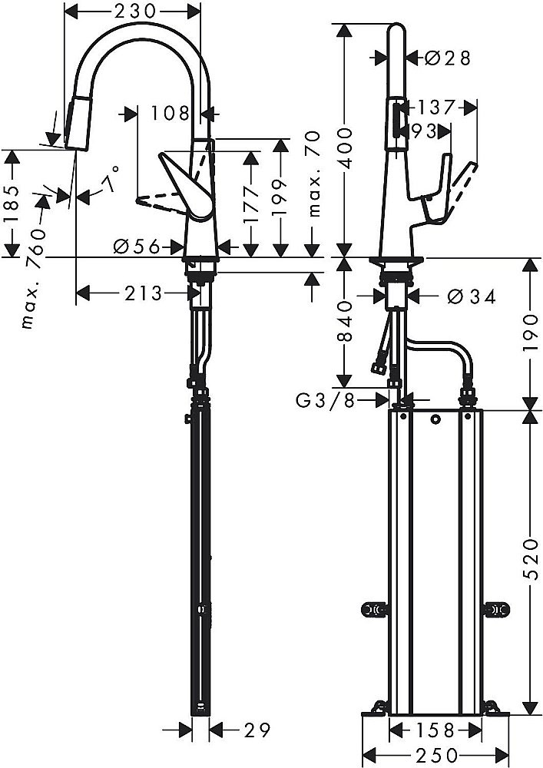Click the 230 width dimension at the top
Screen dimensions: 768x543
coord(131,12)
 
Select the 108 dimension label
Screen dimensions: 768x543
coord(169,114)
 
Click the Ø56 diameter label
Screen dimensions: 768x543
coord(135,247)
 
